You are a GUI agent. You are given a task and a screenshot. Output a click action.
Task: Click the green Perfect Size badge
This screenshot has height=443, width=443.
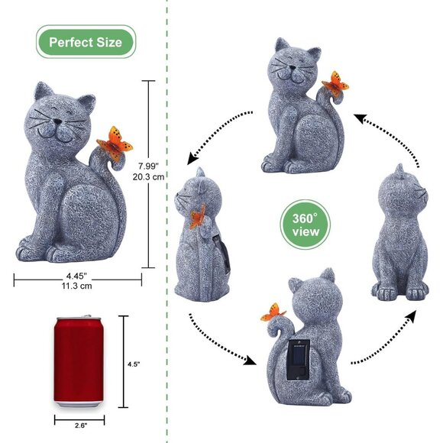tap(86, 42)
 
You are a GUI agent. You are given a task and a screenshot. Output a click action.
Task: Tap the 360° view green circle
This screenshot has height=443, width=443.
tap(305, 225)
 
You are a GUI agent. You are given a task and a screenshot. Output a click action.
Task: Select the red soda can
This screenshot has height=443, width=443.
tap(79, 361)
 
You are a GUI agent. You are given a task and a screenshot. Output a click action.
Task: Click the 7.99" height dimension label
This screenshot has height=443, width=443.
tap(149, 166)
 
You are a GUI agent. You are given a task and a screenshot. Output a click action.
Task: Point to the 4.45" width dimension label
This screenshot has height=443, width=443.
tap(76, 276)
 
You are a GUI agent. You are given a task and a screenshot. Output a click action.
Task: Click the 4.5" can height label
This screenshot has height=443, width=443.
tap(134, 364)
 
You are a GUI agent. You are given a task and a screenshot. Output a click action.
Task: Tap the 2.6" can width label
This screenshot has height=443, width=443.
tap(81, 425)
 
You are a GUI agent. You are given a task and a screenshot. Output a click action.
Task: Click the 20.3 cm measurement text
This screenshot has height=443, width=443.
tap(149, 177)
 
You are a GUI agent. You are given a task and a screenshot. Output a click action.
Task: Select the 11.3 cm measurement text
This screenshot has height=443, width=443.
tap(77, 286)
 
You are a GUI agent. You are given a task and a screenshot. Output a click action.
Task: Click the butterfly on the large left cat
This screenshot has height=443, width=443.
tap(115, 144)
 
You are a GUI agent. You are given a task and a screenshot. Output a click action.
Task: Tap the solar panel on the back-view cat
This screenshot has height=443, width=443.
tap(299, 360)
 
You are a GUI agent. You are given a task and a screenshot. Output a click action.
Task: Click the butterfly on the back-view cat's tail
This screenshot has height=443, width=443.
tap(273, 312)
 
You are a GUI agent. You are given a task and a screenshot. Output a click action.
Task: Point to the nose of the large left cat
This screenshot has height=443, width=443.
tap(57, 121)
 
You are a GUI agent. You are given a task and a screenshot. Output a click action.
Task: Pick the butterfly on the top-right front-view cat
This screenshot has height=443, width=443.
tap(335, 82)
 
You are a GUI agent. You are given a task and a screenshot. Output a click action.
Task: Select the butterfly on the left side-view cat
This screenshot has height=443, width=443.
tap(198, 216)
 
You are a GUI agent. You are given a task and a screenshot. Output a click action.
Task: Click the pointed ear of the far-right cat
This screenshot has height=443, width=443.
tap(399, 170)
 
